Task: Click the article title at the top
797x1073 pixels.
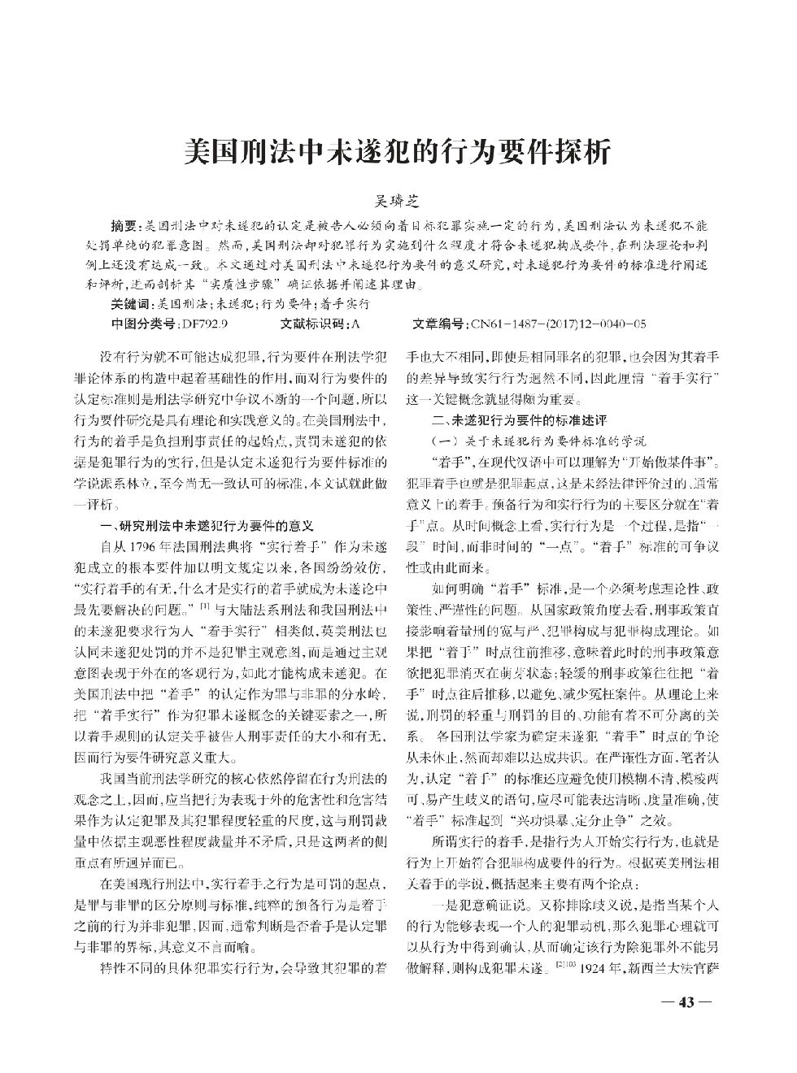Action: click(398, 151)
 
